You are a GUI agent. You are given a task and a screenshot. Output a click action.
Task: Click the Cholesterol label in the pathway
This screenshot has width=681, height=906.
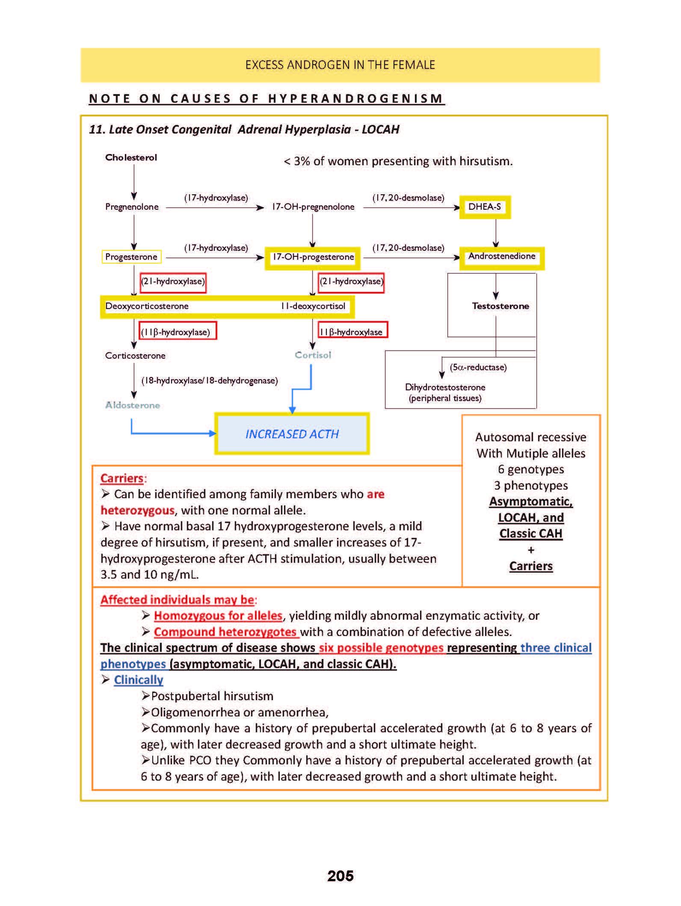131,157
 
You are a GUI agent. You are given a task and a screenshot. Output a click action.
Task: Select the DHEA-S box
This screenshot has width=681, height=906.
485,207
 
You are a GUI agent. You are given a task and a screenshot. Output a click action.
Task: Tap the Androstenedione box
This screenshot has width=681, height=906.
502,257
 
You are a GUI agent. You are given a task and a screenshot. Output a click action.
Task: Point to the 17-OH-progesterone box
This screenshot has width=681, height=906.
313,257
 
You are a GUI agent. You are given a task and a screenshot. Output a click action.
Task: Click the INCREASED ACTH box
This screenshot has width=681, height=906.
292,434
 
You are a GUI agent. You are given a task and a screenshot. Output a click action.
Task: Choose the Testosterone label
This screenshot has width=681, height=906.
500,306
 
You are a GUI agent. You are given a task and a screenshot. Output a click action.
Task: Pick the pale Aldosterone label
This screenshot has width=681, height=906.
133,405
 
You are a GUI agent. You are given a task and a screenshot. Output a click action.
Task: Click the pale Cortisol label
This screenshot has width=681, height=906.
313,355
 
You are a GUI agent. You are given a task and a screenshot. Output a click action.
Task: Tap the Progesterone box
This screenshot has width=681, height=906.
131,257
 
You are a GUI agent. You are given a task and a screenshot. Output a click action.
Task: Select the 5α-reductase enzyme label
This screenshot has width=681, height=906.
478,367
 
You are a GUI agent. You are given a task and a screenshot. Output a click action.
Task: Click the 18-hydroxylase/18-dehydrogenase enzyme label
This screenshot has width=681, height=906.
210,380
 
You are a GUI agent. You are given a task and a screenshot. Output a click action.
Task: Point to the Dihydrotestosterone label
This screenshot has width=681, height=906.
445,387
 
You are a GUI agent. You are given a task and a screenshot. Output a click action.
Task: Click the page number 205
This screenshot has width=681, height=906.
340,876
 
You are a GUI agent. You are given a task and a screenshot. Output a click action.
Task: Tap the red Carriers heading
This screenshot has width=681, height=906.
122,478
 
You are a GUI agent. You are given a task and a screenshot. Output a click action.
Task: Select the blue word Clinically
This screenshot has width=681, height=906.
139,680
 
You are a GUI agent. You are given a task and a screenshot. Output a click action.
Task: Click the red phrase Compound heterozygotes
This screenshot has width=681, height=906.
225,632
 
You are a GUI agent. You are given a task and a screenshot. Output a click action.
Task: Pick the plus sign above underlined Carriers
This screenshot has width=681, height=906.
531,550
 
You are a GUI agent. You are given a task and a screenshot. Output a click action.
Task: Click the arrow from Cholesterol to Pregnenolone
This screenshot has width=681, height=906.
134,182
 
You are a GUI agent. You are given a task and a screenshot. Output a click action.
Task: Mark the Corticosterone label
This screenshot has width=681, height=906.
135,356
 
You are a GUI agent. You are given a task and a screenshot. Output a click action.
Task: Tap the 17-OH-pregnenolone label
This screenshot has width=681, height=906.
313,207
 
